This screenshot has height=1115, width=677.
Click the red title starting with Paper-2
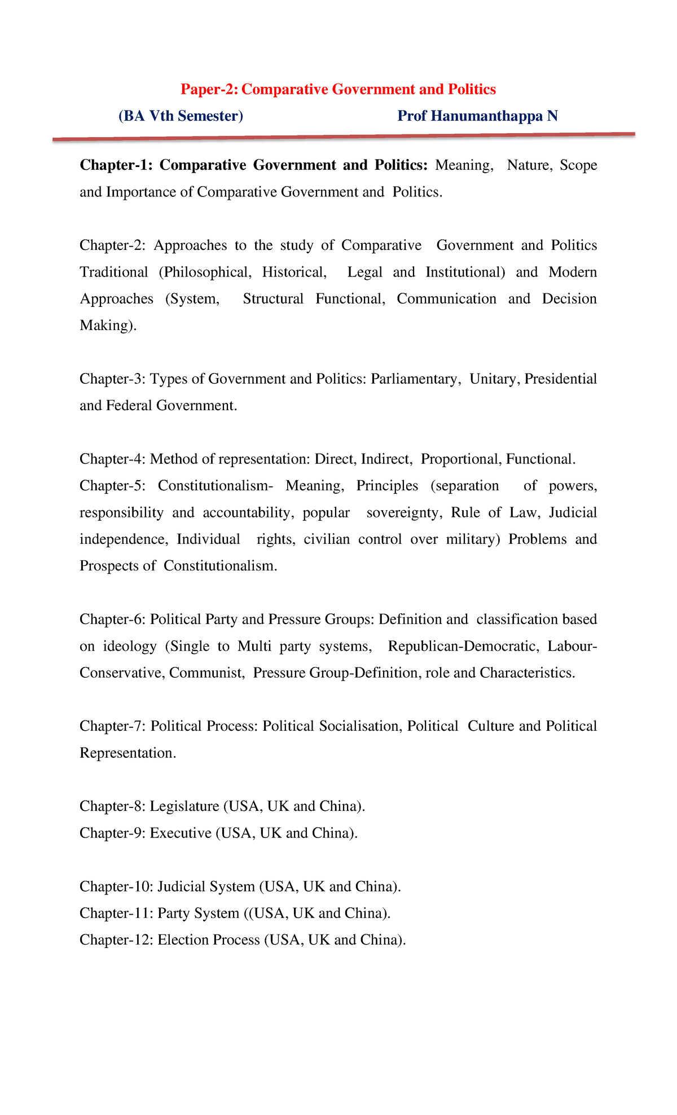tap(338, 89)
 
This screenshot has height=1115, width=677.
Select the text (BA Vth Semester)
tap(181, 116)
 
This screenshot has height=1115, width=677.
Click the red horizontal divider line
tap(344, 137)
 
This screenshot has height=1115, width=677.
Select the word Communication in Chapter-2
tap(446, 298)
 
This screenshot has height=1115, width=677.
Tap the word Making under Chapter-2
tap(105, 325)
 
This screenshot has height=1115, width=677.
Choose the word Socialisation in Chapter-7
tap(360, 726)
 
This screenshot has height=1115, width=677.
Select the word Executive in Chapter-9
tap(180, 833)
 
